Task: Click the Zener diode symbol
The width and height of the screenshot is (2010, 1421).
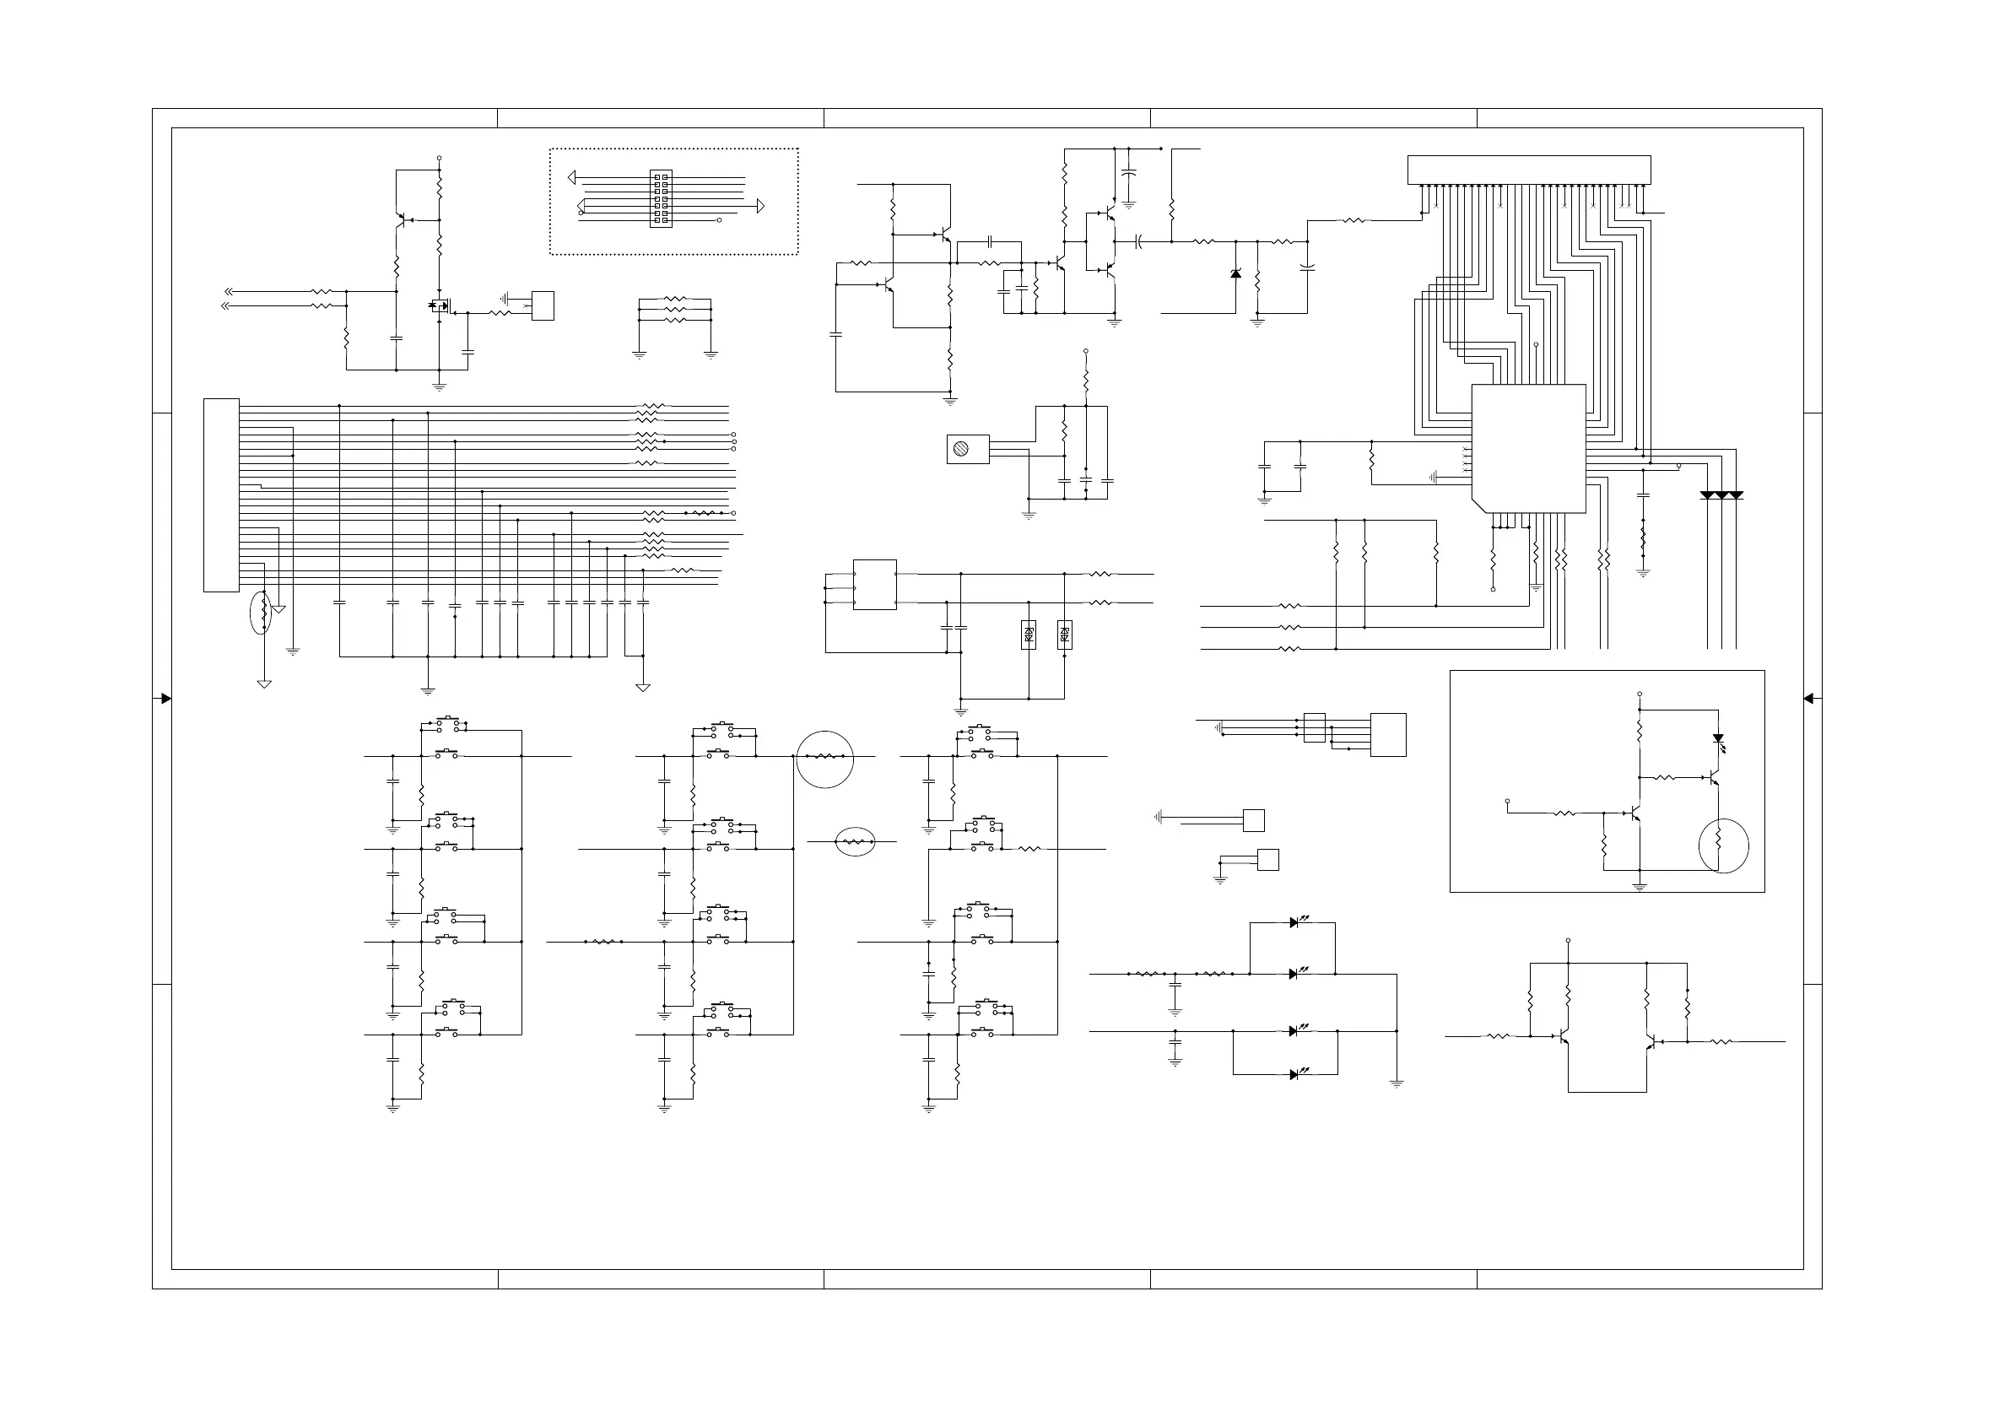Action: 1235,274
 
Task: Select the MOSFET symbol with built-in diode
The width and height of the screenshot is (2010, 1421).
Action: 439,305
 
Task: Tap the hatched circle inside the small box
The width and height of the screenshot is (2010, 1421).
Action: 960,449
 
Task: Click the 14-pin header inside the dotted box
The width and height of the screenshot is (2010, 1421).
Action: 661,200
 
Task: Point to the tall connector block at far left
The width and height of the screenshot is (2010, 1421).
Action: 220,494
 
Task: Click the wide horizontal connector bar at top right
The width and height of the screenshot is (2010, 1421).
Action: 1528,170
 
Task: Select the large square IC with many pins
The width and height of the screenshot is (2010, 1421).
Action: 1528,448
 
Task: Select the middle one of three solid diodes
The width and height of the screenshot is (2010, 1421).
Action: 1722,495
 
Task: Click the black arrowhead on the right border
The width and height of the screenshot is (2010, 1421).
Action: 1809,699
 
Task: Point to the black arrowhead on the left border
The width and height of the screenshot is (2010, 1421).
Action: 165,699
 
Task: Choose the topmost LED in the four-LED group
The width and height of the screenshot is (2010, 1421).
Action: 1294,922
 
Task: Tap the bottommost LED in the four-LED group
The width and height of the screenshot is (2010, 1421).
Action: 1294,1074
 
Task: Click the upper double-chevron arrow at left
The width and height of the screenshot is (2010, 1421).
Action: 229,292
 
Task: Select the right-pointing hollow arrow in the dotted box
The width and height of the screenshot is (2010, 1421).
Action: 760,207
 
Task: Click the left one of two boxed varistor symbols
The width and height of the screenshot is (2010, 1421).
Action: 1029,634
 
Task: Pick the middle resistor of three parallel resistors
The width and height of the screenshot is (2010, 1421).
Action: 675,310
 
